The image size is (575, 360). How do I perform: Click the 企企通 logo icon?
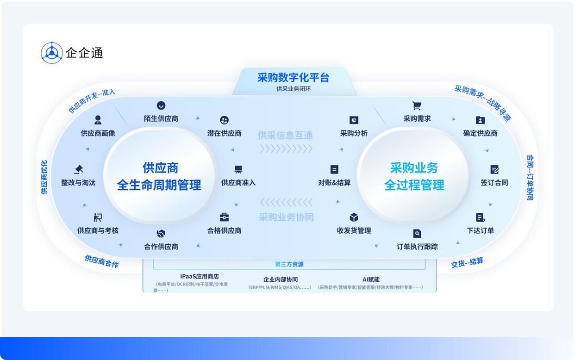51,53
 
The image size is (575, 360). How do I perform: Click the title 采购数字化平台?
293,77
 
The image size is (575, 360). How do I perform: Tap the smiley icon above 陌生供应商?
161,106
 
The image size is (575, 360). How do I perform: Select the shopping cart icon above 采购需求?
417,106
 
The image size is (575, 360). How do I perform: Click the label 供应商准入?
238,182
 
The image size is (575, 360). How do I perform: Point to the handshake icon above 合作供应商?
161,234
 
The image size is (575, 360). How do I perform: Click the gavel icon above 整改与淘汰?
78,169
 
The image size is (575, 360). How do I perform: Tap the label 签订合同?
494,182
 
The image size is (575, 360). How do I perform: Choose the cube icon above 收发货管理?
354,217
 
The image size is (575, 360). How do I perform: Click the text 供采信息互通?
285,135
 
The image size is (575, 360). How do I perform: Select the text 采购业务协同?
286,217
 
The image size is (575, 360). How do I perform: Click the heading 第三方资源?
289,264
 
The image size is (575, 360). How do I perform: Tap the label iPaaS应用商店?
200,277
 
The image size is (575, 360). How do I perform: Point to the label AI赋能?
371,279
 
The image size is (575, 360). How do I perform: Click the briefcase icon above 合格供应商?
224,217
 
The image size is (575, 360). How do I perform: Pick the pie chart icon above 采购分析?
354,120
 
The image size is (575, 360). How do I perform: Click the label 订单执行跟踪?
417,247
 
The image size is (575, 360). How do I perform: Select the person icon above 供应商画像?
98,120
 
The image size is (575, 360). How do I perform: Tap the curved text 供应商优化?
44,177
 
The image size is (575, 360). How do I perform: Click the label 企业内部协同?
281,279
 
